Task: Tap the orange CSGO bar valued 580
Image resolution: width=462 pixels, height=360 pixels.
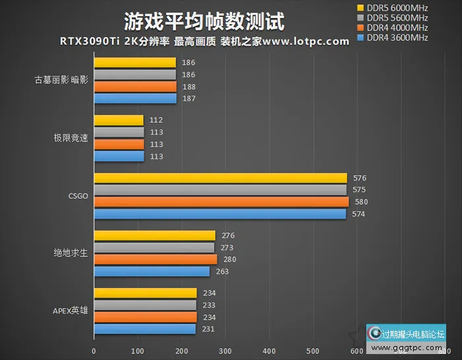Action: click(x=221, y=201)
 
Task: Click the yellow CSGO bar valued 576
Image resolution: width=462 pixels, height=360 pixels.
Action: click(x=220, y=178)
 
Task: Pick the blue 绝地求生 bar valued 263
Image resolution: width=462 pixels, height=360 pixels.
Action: click(x=152, y=271)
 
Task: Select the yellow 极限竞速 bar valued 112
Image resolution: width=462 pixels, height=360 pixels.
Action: click(x=119, y=120)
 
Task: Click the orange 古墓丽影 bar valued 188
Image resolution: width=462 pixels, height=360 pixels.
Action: click(x=135, y=87)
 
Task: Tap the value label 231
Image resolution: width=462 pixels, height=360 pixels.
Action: click(x=209, y=329)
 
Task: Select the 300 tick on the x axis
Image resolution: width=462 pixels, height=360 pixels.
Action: click(x=225, y=351)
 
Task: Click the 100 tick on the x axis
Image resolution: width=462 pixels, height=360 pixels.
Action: click(x=137, y=351)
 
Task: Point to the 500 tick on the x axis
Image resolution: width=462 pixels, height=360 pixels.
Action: click(x=312, y=351)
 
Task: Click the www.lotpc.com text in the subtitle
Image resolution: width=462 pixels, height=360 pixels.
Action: click(x=306, y=41)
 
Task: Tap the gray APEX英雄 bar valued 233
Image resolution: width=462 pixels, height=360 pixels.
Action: click(x=145, y=305)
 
